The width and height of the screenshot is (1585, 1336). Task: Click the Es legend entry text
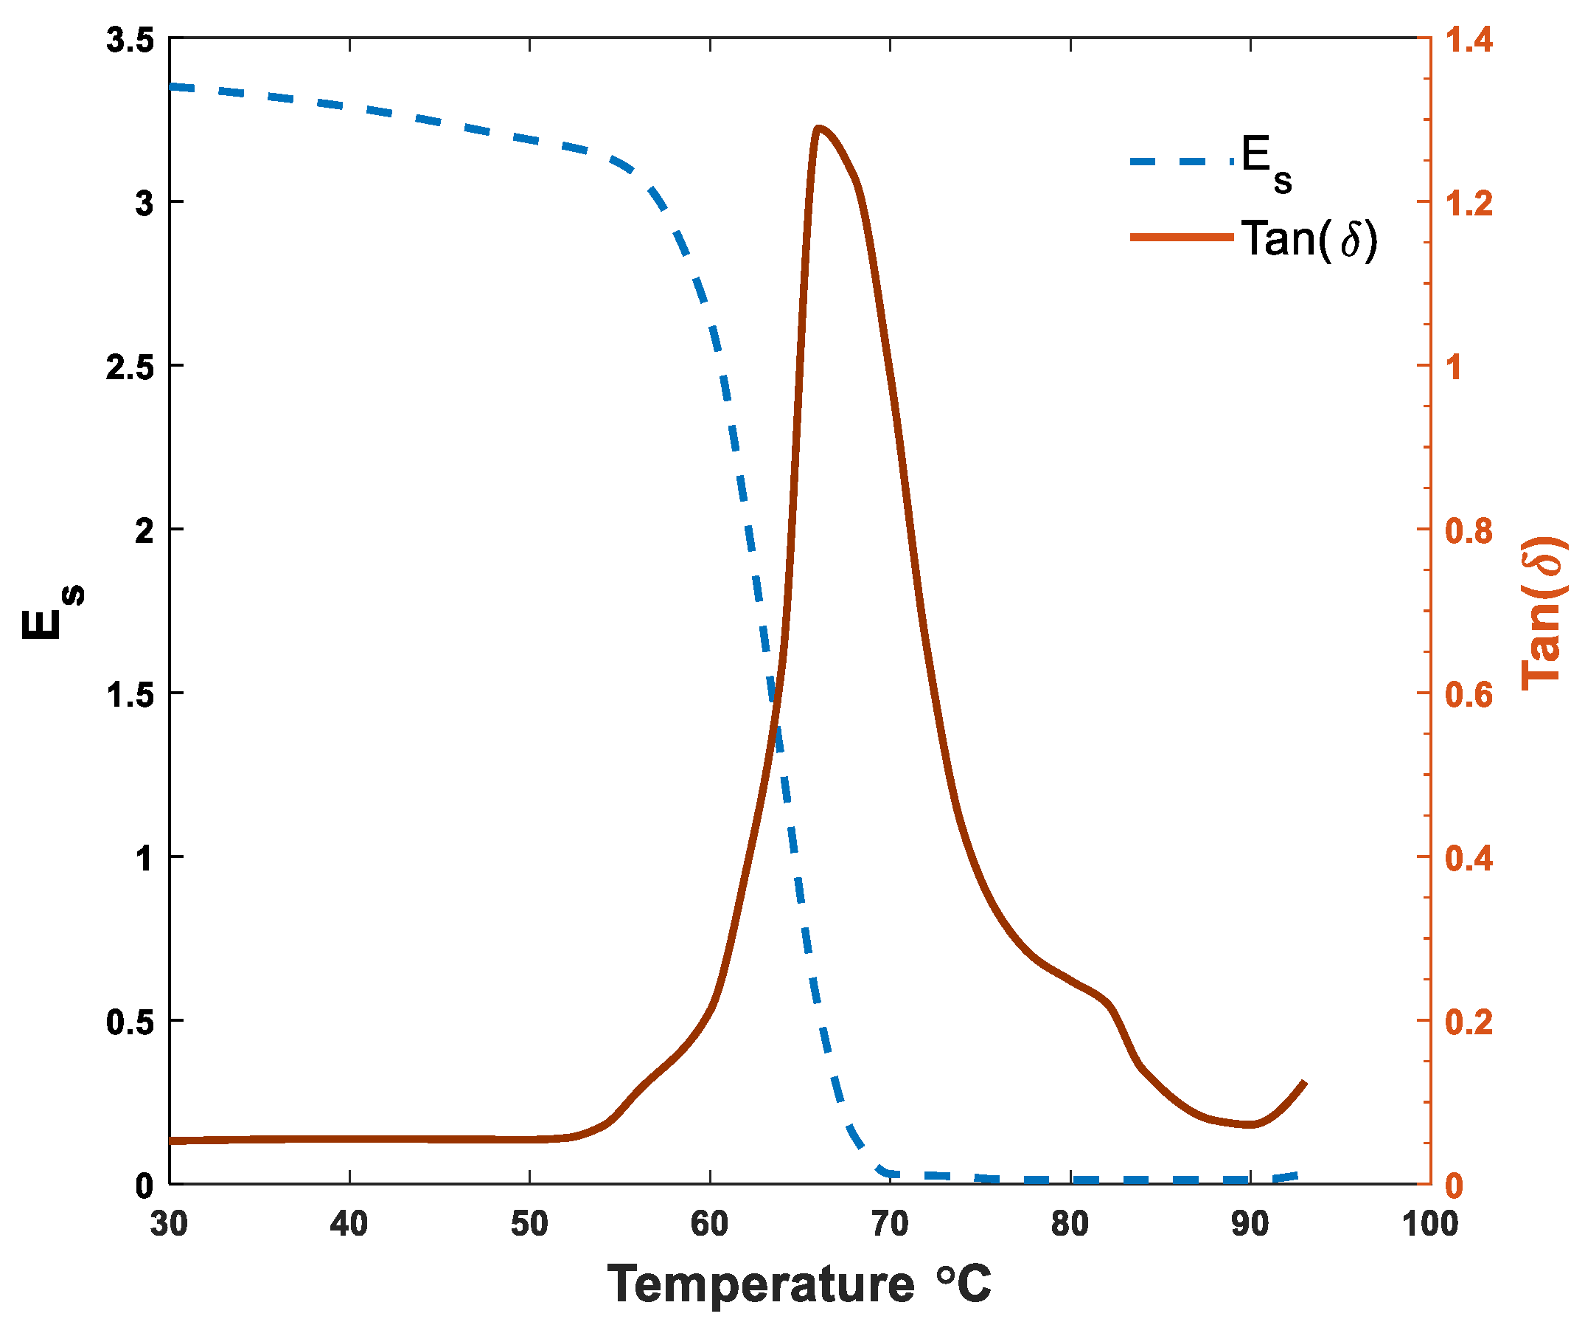tap(1266, 164)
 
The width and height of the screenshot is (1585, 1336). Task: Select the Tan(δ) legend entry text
tap(1308, 239)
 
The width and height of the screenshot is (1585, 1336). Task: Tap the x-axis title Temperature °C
tap(798, 1284)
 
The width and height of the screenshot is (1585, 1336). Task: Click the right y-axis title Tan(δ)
tap(1543, 614)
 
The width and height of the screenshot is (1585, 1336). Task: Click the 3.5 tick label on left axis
tap(130, 40)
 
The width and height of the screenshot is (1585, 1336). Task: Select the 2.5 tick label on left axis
tap(130, 367)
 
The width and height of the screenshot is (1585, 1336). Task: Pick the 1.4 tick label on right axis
tap(1469, 40)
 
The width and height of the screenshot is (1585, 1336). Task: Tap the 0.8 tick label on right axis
tap(1469, 531)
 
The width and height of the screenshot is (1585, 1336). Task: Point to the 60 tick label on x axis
tap(710, 1224)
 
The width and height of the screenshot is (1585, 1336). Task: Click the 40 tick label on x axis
tap(349, 1224)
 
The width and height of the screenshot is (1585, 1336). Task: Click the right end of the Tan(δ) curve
tap(1305, 1084)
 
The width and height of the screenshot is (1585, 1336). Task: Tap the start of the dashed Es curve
tap(173, 87)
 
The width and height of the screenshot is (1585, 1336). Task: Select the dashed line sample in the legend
tap(1181, 162)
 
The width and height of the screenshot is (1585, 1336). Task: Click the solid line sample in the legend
tap(1181, 238)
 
